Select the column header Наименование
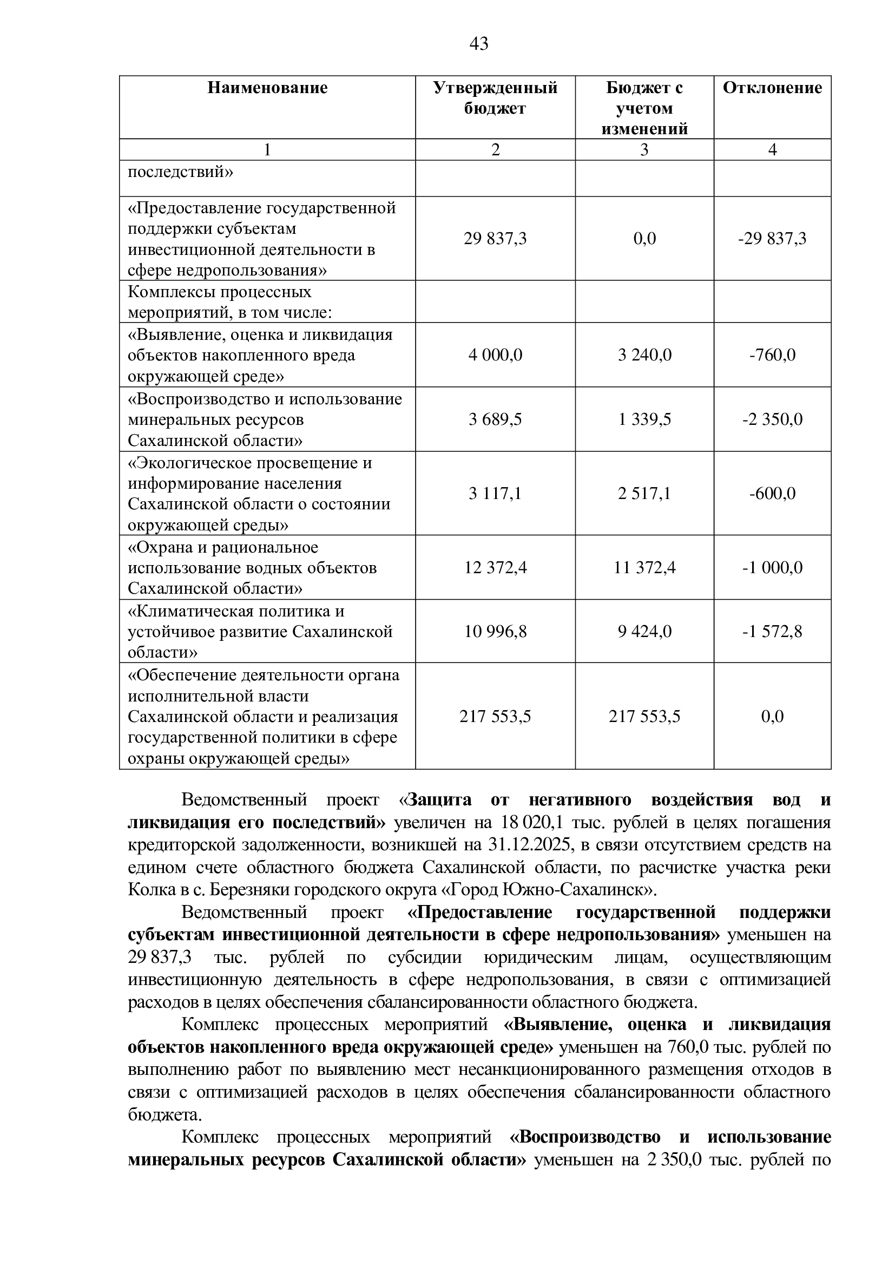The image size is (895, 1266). coord(267,88)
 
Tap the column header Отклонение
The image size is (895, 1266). coord(772,88)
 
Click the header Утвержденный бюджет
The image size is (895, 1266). coord(495,98)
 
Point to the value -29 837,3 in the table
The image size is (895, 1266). coord(772,239)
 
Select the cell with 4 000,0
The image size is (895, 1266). coord(495,355)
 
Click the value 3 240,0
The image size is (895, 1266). coord(644,355)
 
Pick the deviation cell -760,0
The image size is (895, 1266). coord(772,355)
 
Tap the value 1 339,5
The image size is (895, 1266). coord(644,419)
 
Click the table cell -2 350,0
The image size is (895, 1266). coord(772,419)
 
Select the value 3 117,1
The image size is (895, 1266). coord(495,494)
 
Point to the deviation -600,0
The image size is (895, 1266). coord(772,494)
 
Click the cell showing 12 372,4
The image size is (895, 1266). coord(495,567)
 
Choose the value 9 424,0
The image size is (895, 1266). coord(644,631)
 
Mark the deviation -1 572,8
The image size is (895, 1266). coord(772,631)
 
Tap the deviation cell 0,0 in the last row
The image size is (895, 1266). coord(772,716)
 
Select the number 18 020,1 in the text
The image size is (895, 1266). coord(532,823)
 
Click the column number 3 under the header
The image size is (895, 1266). coord(644,150)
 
